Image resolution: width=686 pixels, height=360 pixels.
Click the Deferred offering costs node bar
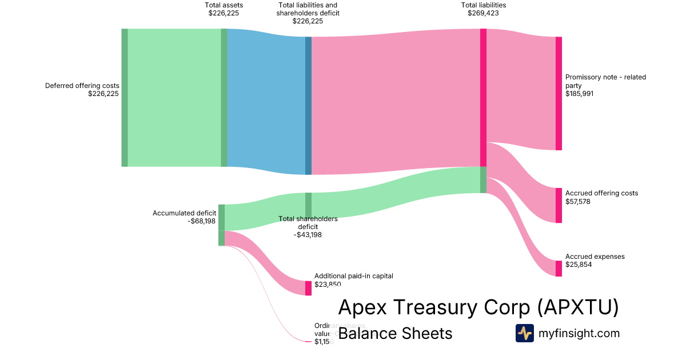[x=125, y=98]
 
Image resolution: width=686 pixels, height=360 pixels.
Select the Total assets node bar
[x=224, y=98]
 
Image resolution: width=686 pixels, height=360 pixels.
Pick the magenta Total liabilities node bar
[x=483, y=98]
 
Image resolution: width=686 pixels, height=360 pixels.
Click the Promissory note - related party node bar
[x=559, y=94]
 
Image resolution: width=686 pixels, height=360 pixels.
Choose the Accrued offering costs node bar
[x=559, y=205]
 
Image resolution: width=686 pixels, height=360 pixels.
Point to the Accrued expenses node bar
[x=559, y=269]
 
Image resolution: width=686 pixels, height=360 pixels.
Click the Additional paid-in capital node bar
[x=308, y=288]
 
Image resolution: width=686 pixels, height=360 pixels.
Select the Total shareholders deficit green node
[x=308, y=205]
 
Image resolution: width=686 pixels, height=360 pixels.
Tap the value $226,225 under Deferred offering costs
[x=103, y=94]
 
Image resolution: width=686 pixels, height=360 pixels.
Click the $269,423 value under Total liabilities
[x=483, y=13]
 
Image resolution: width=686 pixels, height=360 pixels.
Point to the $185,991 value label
[x=580, y=94]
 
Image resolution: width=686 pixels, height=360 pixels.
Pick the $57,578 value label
[x=578, y=202]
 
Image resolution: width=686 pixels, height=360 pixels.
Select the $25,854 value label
[x=578, y=265]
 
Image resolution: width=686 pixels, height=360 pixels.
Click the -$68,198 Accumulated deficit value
[x=201, y=221]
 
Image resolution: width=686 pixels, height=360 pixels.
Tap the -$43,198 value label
[x=308, y=235]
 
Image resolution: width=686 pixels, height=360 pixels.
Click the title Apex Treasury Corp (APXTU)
[x=478, y=307]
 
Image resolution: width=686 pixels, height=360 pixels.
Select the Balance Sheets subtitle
[x=395, y=334]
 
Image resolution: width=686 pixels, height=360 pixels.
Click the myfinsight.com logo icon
[x=525, y=333]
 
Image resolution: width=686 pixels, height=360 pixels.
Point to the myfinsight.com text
[x=579, y=333]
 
